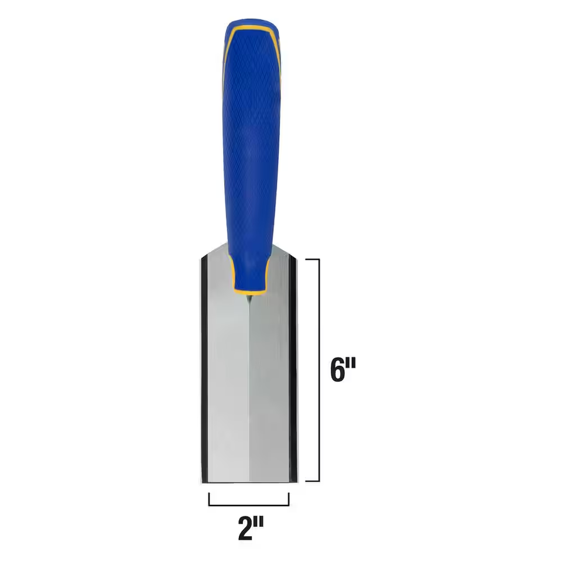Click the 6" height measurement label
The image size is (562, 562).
343,370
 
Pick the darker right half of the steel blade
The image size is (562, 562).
269,381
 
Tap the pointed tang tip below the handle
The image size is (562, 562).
249,299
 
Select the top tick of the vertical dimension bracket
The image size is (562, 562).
312,258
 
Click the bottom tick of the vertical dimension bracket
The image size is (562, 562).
312,481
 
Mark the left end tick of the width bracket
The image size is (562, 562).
209,499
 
